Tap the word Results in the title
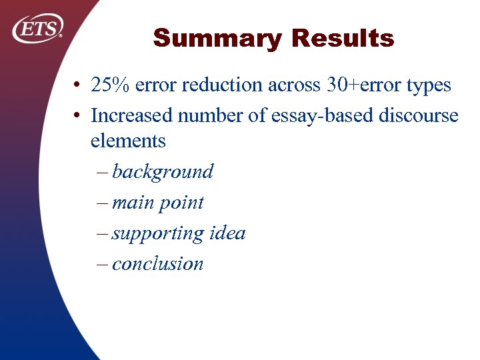343,39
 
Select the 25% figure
110,85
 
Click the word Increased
132,115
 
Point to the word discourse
419,115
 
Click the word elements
128,141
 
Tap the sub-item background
163,172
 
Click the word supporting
158,234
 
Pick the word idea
227,233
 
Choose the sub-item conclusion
157,263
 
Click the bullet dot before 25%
78,86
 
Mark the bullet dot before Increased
78,116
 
